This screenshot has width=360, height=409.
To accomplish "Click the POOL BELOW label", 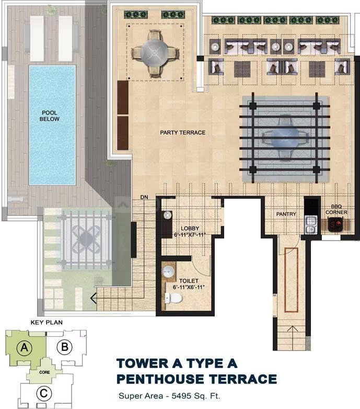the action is point(50,116).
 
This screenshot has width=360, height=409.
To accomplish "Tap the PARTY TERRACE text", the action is point(182,132).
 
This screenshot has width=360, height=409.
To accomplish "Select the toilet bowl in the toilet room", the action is point(173,298).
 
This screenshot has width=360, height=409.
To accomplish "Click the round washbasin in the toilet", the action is point(168,271).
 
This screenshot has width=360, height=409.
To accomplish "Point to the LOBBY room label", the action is point(190,228).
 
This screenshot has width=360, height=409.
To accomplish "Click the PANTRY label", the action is point(286,214).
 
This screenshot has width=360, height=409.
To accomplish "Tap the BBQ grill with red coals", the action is point(335,224).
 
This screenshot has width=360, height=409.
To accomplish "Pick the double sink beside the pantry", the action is point(310,225).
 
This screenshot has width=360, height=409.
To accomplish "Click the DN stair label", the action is point(144,197).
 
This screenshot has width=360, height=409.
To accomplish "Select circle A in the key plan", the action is point(24,347).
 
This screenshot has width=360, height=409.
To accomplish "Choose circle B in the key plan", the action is point(64,347).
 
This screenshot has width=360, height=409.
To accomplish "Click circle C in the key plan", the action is point(43,393).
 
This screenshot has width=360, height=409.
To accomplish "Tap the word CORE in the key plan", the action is point(44,372).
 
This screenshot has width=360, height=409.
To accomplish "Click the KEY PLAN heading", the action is point(47,322).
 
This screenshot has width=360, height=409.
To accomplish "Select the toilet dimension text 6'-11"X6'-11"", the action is point(189,287).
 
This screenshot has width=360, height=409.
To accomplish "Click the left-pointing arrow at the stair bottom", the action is point(94,298).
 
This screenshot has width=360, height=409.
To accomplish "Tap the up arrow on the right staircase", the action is point(292,329).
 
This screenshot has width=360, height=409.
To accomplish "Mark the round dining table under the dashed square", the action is point(155,52).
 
